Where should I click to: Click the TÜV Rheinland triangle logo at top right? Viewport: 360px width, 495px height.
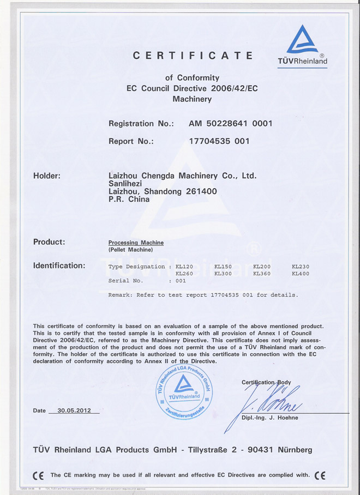point(302,40)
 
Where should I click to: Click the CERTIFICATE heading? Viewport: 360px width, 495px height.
point(193,56)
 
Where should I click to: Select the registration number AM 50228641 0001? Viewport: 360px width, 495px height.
point(230,123)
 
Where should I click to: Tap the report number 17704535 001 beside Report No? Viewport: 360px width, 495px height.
point(219,141)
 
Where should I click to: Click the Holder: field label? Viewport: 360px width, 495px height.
point(47,176)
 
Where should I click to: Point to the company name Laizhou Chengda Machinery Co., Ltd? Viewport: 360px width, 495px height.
point(183,176)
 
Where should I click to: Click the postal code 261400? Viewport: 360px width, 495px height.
point(201,191)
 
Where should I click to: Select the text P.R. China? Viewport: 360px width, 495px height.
point(129,199)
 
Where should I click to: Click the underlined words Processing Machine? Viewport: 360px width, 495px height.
point(136,243)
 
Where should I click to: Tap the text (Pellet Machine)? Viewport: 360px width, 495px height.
point(131,249)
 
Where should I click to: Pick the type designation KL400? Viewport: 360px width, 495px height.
point(301,274)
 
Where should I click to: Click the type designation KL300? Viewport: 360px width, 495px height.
point(223,274)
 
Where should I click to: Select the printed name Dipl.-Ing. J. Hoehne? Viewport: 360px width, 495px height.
point(270,418)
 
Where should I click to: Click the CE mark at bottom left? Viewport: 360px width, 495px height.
point(38,475)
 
